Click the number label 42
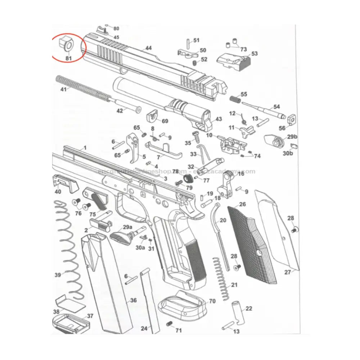120,111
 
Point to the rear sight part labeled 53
234,59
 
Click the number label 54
276,107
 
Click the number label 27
287,273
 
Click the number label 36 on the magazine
133,300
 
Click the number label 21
235,285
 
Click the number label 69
165,121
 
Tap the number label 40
58,192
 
